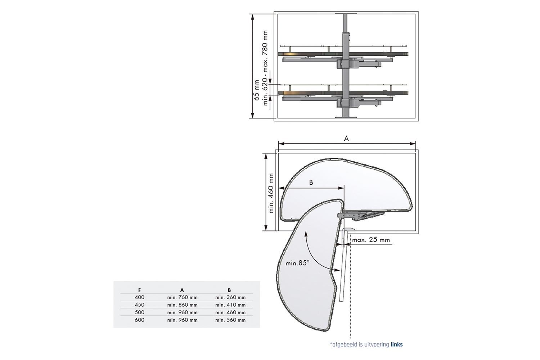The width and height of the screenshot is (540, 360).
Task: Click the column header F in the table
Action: [139, 290]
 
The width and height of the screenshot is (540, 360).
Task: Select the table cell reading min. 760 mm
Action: [182, 297]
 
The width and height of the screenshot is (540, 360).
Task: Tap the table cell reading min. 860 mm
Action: [182, 305]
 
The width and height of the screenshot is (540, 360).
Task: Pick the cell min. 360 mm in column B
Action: [230, 297]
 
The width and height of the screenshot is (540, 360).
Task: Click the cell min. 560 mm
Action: [230, 320]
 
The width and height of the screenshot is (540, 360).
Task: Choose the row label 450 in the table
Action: [140, 305]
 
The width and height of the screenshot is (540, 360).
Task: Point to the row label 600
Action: [140, 320]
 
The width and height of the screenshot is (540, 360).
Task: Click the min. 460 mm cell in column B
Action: [230, 312]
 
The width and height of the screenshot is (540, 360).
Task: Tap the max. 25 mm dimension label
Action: [371, 240]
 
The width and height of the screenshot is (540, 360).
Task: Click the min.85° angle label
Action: [297, 263]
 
